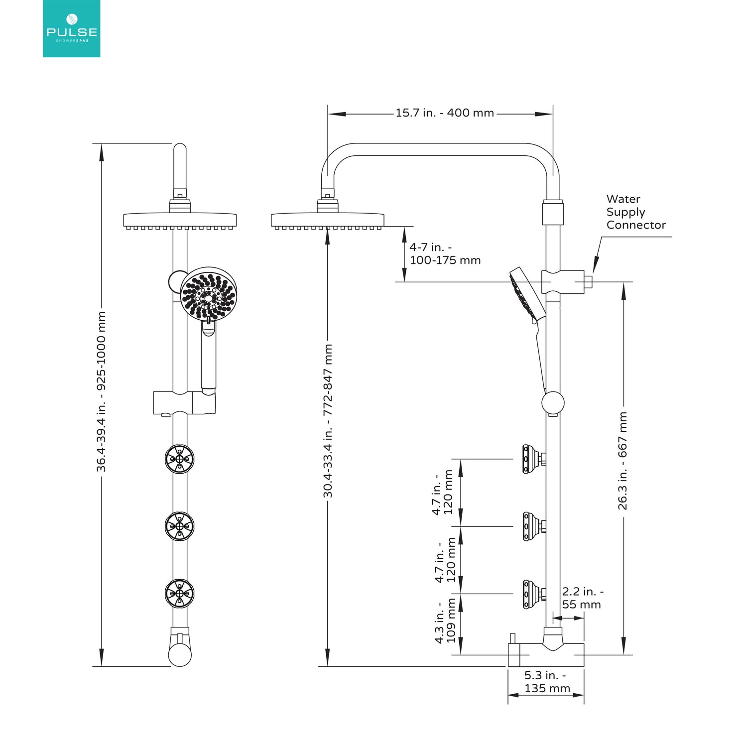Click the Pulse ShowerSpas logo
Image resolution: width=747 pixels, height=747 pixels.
point(72,28)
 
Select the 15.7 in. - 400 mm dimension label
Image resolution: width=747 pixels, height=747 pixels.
point(445,113)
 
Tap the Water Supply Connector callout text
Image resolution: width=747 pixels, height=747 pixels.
point(635,212)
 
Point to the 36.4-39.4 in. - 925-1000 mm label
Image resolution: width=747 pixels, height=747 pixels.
point(101,391)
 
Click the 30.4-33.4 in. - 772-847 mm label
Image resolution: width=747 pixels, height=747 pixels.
point(328,421)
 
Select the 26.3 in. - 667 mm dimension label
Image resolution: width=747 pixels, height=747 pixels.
point(623,461)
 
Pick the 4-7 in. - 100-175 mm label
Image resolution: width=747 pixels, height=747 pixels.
point(445,253)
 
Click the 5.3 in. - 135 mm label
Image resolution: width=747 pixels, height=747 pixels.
point(546,682)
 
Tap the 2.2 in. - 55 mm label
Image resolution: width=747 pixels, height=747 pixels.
point(582,598)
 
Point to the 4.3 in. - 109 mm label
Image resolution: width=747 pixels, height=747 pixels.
point(445,622)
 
